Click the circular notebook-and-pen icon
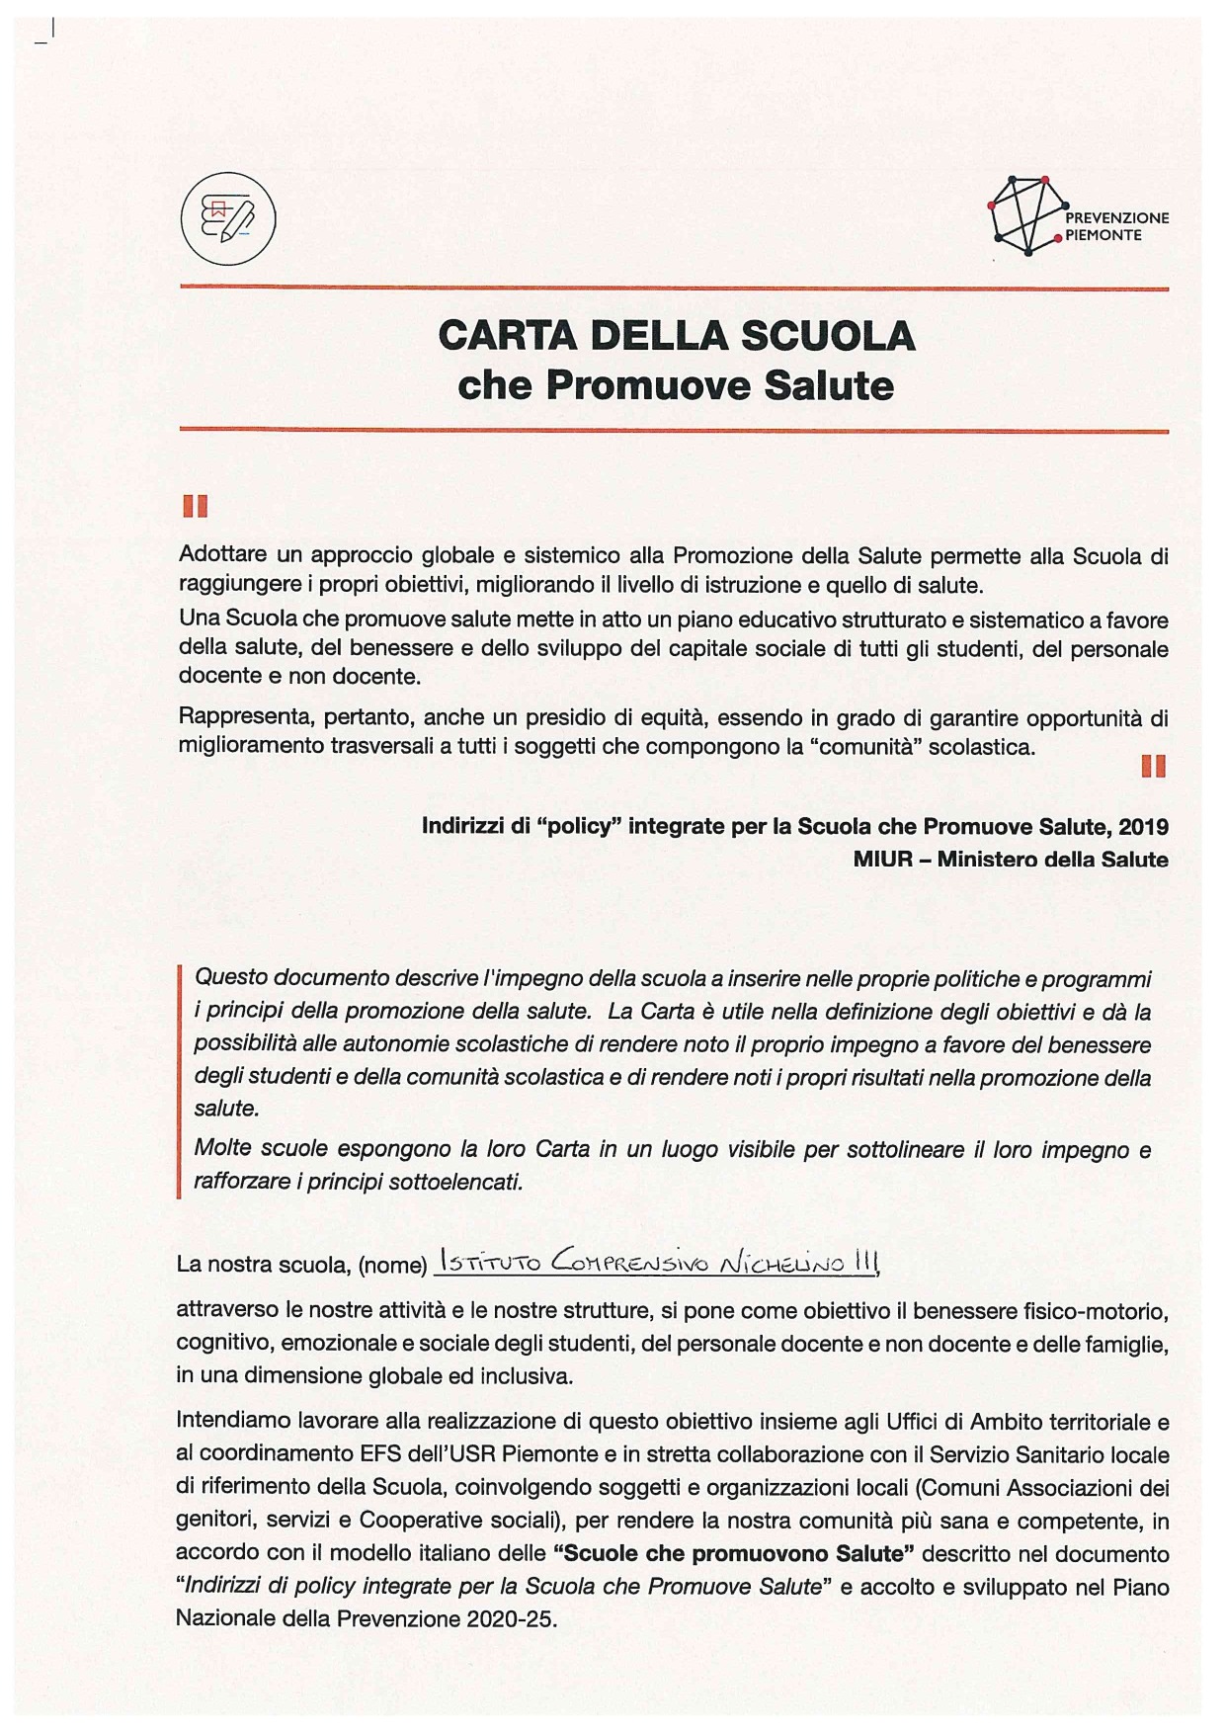pyautogui.click(x=228, y=219)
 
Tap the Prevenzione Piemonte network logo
pyautogui.click(x=1027, y=216)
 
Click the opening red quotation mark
pyautogui.click(x=195, y=507)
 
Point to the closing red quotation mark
pyautogui.click(x=1153, y=766)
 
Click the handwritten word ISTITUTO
pyautogui.click(x=489, y=1262)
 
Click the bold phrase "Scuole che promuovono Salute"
pyautogui.click(x=732, y=1553)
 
